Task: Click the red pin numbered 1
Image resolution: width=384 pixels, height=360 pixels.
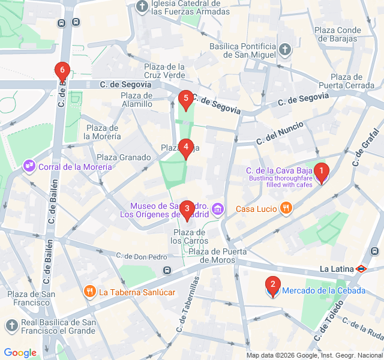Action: point(322,173)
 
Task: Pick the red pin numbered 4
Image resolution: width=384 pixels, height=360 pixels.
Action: point(186,147)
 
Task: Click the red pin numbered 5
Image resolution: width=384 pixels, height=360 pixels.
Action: point(185,99)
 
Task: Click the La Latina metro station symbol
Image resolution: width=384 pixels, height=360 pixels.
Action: point(361,269)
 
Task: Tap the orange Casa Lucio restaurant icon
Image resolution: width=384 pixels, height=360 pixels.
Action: point(286,208)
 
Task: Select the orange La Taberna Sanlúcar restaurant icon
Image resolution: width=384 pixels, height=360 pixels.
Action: point(90,292)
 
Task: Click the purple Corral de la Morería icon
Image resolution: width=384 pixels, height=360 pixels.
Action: point(28,166)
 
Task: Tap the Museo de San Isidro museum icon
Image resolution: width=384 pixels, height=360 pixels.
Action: point(218,209)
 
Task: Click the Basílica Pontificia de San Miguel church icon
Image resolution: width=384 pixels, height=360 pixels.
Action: point(285,50)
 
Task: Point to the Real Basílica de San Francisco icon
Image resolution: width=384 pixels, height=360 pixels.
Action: point(11,326)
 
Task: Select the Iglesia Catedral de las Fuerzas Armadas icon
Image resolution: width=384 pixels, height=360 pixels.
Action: point(142,7)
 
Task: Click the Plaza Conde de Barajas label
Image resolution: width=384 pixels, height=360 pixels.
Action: point(338,35)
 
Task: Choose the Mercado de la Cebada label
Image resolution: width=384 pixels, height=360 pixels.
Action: point(323,290)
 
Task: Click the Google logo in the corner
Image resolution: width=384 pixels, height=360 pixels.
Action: point(20,353)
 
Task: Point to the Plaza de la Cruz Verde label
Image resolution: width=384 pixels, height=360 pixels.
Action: point(164,71)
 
